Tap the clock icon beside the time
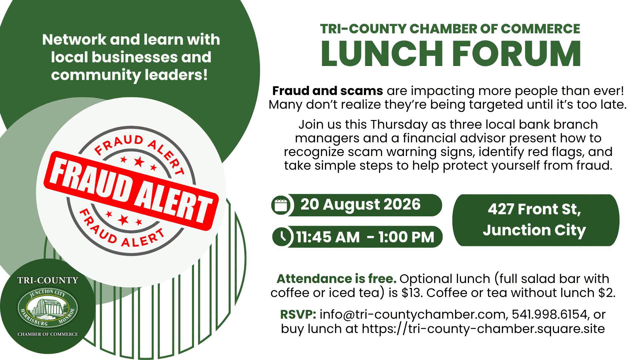click(283, 237)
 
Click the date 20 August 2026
click(360, 204)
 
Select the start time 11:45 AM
click(328, 237)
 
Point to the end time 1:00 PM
click(406, 237)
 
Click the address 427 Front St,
click(534, 209)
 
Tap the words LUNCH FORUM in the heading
click(451, 53)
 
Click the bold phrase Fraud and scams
click(328, 90)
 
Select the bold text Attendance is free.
click(336, 278)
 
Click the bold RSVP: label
click(298, 314)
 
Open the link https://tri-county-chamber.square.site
click(483, 329)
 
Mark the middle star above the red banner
click(138, 162)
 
